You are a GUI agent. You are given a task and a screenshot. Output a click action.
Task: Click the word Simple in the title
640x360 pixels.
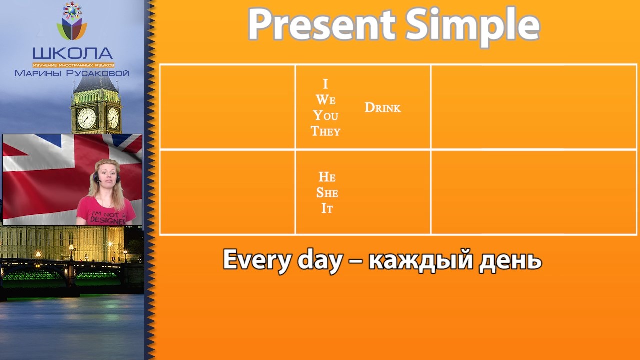473,27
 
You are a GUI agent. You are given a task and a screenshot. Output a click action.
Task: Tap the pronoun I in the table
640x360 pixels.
325,84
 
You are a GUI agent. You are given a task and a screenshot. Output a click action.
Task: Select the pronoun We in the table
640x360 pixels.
325,100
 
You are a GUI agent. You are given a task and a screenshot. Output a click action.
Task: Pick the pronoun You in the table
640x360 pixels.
325,115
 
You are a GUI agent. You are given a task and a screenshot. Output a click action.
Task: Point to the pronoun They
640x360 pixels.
325,131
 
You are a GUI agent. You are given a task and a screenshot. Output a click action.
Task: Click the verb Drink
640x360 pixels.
383,107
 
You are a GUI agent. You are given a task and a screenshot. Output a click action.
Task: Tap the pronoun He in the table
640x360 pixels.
327,177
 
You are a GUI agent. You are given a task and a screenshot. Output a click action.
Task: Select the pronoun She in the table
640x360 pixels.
327,193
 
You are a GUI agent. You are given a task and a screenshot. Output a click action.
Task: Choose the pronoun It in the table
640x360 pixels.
327,208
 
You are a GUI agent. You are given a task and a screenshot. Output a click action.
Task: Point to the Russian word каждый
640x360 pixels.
421,259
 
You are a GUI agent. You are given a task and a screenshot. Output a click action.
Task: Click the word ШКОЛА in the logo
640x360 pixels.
73,53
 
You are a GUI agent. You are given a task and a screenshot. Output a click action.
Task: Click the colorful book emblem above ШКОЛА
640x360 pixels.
72,21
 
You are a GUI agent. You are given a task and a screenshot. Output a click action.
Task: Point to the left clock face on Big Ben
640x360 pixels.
87,118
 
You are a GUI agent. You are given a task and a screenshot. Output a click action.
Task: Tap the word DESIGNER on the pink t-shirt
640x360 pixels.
108,220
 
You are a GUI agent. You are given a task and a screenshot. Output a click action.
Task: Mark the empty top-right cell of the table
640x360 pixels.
534,107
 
